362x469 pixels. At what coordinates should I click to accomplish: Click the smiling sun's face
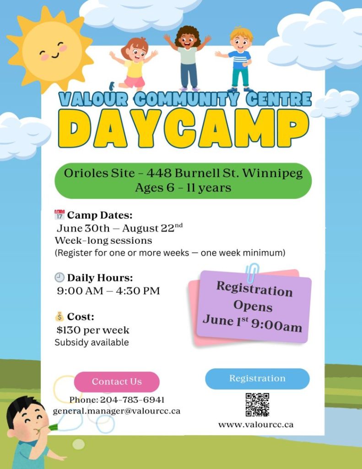pyautogui.click(x=52, y=51)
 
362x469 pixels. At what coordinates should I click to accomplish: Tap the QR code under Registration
pyautogui.click(x=257, y=405)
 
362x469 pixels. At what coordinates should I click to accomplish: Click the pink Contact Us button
pyautogui.click(x=117, y=382)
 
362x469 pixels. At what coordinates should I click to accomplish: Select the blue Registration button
pyautogui.click(x=257, y=379)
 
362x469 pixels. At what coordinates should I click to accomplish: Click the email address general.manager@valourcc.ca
pyautogui.click(x=117, y=411)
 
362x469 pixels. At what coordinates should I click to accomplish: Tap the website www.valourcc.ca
pyautogui.click(x=256, y=425)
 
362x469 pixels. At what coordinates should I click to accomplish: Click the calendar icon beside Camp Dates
pyautogui.click(x=59, y=215)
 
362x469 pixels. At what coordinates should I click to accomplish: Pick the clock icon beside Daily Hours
pyautogui.click(x=59, y=278)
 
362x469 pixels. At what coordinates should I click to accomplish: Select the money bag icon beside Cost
pyautogui.click(x=59, y=316)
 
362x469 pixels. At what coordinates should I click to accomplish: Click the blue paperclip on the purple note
pyautogui.click(x=252, y=273)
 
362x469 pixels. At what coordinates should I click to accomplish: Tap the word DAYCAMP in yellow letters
pyautogui.click(x=183, y=128)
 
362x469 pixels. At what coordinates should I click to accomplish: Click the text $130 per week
pyautogui.click(x=93, y=330)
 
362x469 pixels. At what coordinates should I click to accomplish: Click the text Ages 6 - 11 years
pyautogui.click(x=183, y=188)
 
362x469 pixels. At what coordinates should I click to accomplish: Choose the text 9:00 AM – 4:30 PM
pyautogui.click(x=108, y=291)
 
